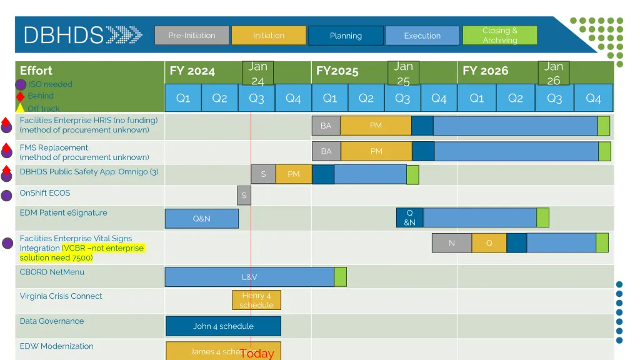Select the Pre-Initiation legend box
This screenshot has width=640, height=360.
click(192, 35)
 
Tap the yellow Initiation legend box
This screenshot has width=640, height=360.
click(269, 35)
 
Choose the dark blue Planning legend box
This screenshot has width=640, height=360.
click(346, 36)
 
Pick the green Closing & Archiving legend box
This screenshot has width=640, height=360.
click(499, 35)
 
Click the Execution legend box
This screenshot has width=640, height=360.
click(422, 36)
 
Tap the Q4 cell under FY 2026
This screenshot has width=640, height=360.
click(593, 98)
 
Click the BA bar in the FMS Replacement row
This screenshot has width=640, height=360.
click(326, 151)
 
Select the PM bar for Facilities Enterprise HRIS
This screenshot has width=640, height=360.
click(376, 126)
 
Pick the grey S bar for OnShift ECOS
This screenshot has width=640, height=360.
click(244, 196)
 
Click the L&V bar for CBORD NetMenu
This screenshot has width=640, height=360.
click(249, 277)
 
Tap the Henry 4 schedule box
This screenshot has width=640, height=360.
click(256, 300)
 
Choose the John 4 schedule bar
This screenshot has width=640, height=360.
click(223, 326)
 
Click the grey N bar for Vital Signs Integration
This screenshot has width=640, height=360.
click(451, 243)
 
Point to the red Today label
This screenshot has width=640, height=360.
click(257, 354)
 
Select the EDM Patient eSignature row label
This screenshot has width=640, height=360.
click(63, 213)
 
